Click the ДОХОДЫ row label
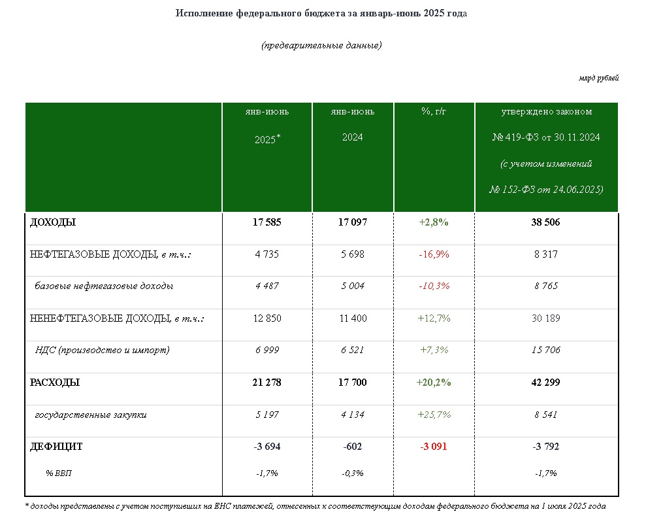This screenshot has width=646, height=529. point(53,222)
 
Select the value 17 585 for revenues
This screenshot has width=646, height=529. point(267,222)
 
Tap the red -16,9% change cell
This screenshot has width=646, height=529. point(434,254)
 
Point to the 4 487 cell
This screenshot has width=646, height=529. point(267,286)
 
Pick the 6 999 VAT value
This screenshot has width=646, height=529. point(267,350)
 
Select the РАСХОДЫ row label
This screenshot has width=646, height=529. point(55,383)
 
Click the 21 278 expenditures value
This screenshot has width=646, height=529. point(267,383)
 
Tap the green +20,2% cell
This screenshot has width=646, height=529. point(434,383)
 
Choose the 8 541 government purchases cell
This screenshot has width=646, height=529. point(546,415)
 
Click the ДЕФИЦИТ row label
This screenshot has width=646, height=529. point(56,447)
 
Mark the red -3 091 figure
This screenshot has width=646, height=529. point(434,447)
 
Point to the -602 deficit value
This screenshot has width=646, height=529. point(353,447)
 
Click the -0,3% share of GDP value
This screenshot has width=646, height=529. point(353,473)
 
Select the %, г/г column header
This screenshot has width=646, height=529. point(434,111)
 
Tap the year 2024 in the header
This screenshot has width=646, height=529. point(353,137)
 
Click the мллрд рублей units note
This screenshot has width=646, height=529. point(598,78)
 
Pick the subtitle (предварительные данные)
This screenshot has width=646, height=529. point(322,45)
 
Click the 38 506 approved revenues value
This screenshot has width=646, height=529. point(546,222)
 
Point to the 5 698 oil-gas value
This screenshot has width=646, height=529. point(353,254)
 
